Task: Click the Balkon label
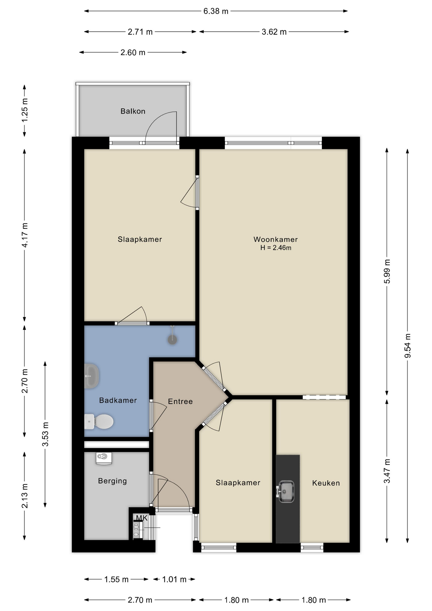[x=133, y=111]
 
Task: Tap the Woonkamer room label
[x=275, y=239]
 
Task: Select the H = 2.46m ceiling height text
[x=275, y=248]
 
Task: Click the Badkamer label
[x=118, y=400]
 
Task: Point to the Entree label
[x=180, y=402]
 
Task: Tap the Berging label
[x=112, y=481]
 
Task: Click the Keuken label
[x=326, y=483]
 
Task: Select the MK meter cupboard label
[x=142, y=518]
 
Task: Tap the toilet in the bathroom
[x=99, y=422]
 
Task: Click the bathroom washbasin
[x=92, y=376]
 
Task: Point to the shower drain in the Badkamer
[x=172, y=340]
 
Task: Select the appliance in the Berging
[x=104, y=458]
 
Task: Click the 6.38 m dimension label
[x=216, y=11]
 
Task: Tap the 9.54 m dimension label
[x=408, y=346]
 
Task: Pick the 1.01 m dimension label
[x=174, y=579]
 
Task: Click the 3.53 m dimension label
[x=45, y=434]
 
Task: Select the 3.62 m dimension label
[x=274, y=32]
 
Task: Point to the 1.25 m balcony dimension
[x=24, y=110]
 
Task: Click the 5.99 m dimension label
[x=387, y=271]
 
